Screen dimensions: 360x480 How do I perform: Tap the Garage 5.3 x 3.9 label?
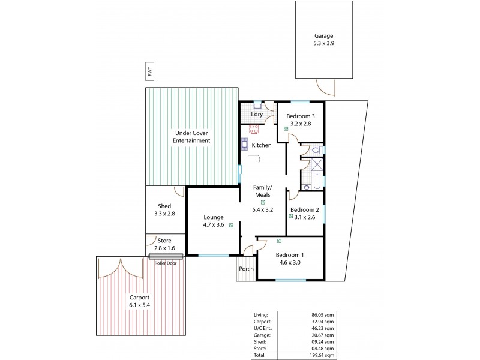tap(323, 40)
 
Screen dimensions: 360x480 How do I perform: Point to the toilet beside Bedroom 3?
tap(316, 150)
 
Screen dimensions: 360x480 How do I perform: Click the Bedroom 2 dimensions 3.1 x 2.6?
tap(304, 217)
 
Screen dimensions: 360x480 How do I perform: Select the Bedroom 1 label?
tap(290, 254)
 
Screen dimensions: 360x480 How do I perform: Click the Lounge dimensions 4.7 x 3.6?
tap(213, 225)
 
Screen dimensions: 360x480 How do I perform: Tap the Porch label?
tap(246, 269)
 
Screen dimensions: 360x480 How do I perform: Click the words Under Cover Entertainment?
tap(192, 137)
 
